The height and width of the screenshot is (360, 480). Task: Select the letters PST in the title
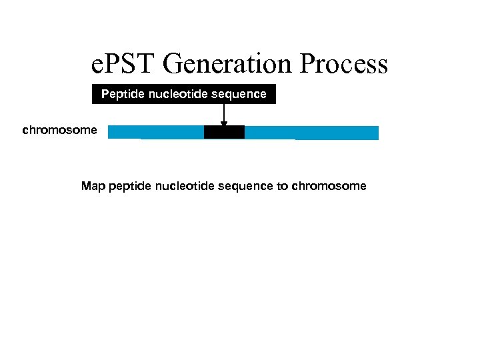pyautogui.click(x=129, y=64)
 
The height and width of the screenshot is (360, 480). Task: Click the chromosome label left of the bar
pyautogui.click(x=59, y=130)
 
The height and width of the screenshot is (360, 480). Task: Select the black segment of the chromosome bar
pyautogui.click(x=224, y=132)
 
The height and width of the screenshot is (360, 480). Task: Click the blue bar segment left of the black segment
pyautogui.click(x=156, y=132)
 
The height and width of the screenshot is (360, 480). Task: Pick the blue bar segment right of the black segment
pyautogui.click(x=311, y=132)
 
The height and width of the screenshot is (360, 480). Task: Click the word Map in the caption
pyautogui.click(x=93, y=186)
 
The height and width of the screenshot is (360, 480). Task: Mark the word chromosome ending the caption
pyautogui.click(x=329, y=186)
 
